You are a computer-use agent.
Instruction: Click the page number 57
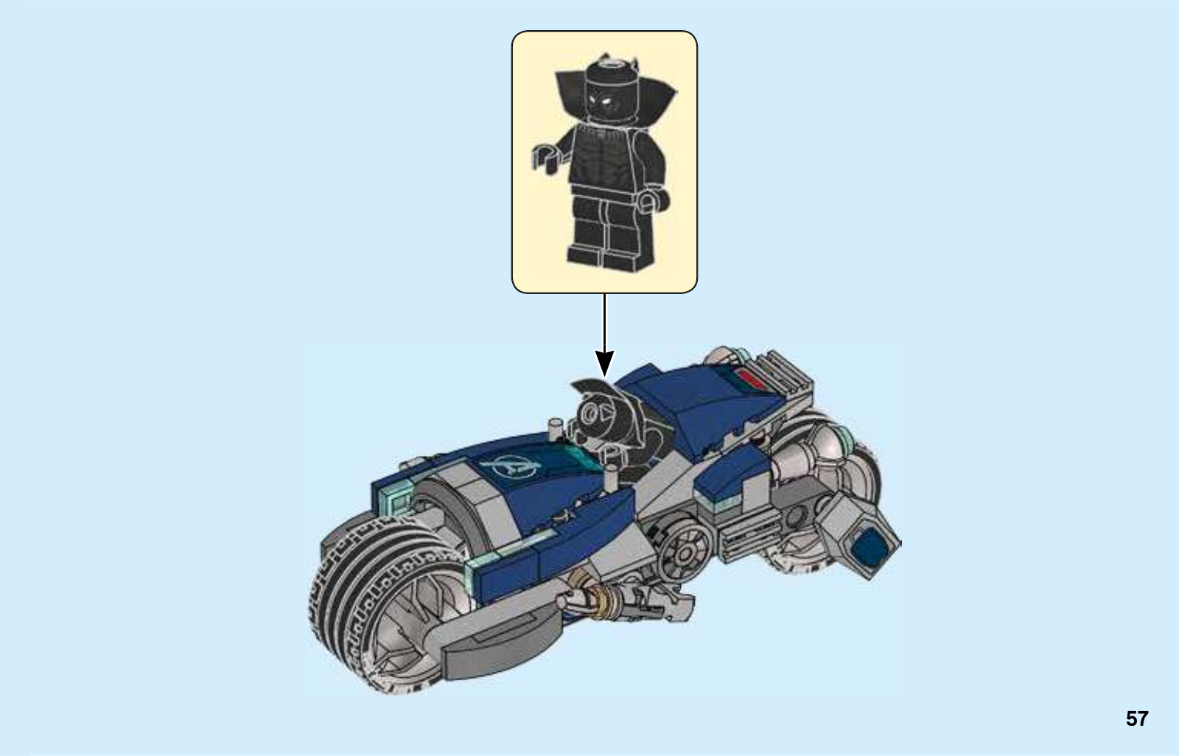coord(1137,718)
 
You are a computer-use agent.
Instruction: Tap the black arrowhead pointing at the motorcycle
coord(604,363)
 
